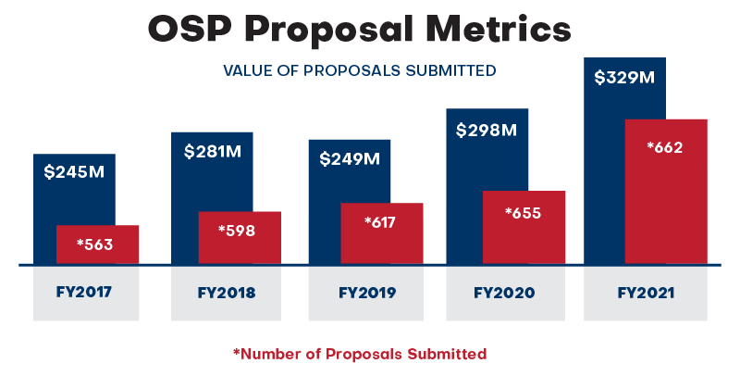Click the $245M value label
[74, 171]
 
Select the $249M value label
[350, 158]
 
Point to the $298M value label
[487, 130]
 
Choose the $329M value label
[624, 77]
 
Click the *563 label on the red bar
[94, 244]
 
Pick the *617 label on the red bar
[379, 222]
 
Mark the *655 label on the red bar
[523, 212]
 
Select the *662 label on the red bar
[665, 146]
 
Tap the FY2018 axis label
[227, 293]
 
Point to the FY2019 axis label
[367, 293]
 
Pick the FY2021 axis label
[645, 293]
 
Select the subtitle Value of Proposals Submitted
[359, 70]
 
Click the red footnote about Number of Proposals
[359, 353]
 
